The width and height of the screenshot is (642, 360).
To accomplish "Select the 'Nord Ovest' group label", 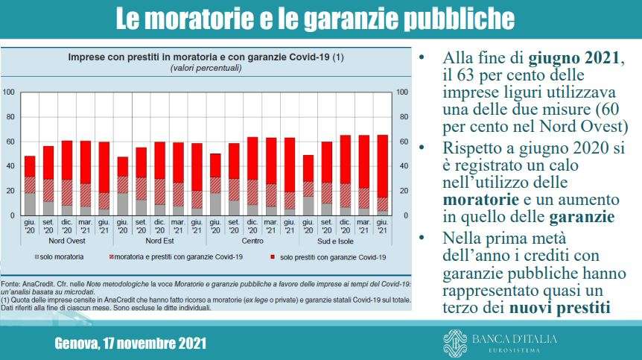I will click(67, 241).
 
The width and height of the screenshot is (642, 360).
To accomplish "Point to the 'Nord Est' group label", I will click(159, 241).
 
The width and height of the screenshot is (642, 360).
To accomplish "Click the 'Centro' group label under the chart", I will click(252, 241).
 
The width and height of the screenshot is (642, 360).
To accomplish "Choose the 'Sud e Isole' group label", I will click(346, 241).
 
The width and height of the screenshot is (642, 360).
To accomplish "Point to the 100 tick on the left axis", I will click(9, 92).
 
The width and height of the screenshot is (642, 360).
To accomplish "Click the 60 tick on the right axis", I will click(404, 142).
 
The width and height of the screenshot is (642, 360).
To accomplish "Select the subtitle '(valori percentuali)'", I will click(206, 68).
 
